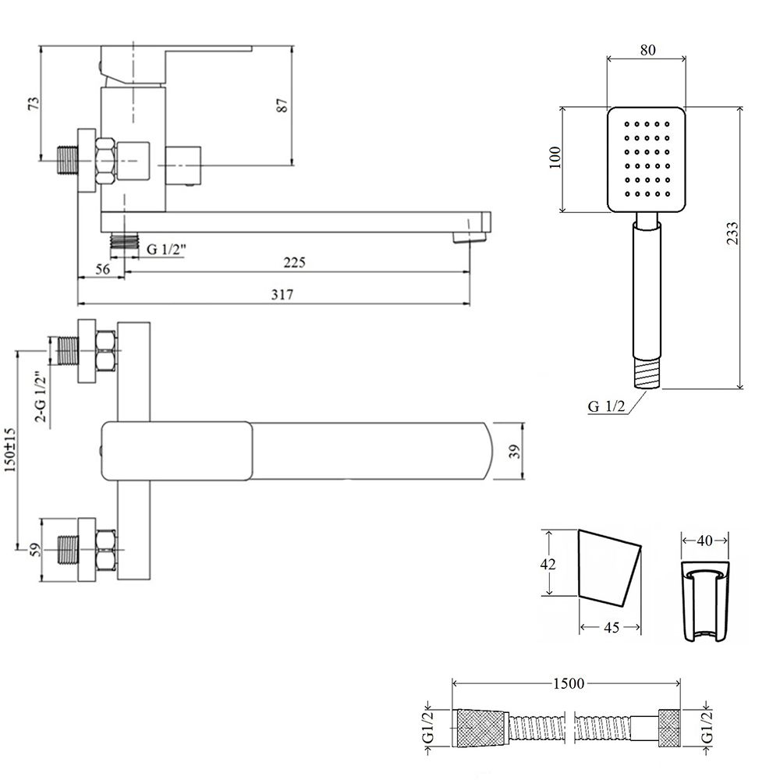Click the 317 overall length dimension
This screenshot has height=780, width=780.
(x=282, y=294)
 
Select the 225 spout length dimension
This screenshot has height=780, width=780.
(x=293, y=263)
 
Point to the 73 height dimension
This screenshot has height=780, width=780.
(x=33, y=105)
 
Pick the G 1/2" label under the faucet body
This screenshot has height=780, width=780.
(x=167, y=248)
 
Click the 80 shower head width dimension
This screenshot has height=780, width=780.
(x=647, y=49)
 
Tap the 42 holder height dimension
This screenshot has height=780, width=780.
(x=549, y=563)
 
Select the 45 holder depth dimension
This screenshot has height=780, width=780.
(x=611, y=627)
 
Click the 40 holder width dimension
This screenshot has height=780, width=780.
(x=705, y=539)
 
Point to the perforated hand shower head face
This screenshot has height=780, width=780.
(x=646, y=158)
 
